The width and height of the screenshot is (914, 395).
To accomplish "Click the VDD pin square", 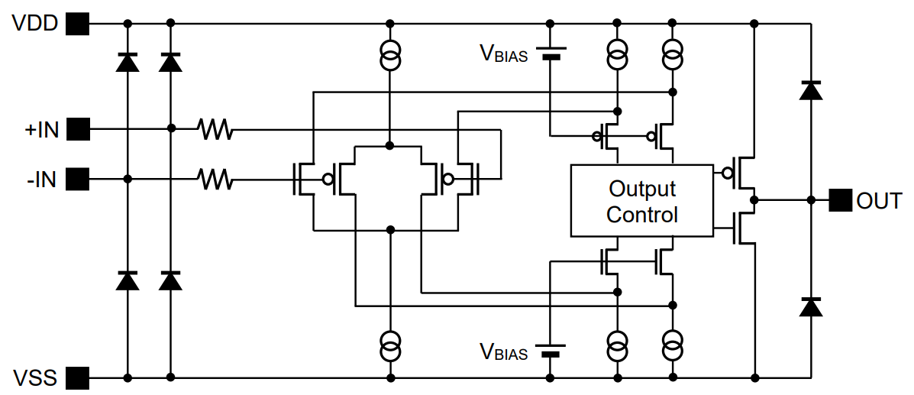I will click(77, 24).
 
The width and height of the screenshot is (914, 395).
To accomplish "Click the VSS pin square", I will click(77, 377).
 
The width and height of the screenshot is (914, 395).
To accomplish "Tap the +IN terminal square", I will click(77, 129).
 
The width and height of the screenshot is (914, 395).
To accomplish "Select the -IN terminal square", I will click(77, 180).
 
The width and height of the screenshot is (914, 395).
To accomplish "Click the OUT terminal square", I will click(841, 200).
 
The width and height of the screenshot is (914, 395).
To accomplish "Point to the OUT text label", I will click(880, 201).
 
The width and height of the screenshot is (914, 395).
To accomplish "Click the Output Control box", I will click(641, 200).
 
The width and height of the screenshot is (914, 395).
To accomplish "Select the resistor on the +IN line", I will click(215, 129).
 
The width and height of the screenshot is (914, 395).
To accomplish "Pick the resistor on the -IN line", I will click(215, 180).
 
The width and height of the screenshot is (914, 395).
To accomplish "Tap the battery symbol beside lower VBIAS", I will click(551, 351).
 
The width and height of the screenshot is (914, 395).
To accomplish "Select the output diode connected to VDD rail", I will click(811, 90).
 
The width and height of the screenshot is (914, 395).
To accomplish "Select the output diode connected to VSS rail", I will click(811, 306).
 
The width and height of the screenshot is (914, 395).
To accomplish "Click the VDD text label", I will click(35, 24).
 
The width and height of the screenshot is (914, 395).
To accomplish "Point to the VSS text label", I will click(35, 377).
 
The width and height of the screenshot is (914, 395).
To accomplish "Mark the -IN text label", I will click(41, 180).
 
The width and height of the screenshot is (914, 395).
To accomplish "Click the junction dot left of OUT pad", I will click(811, 200).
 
